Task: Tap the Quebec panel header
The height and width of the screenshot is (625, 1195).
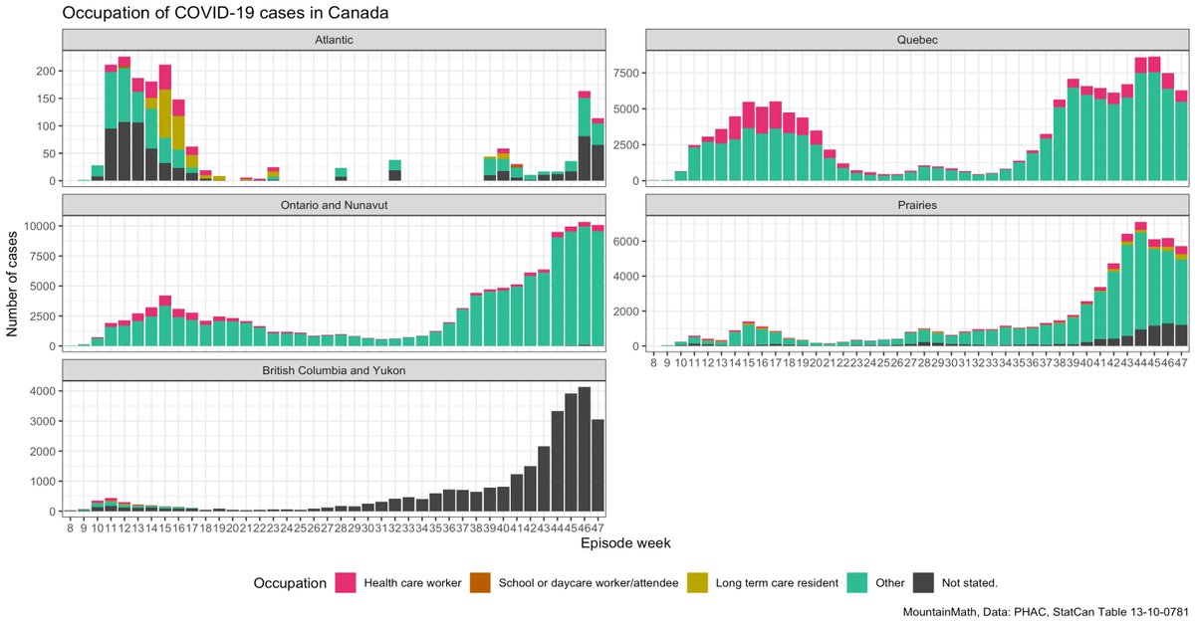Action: [917, 40]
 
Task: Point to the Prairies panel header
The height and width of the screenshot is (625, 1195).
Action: [917, 205]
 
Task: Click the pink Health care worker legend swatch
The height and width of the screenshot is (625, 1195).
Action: [347, 583]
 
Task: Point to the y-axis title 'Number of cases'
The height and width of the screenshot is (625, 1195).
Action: [14, 281]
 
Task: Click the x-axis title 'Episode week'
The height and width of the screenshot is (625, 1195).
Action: [625, 544]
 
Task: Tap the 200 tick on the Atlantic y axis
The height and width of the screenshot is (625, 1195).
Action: [47, 72]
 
